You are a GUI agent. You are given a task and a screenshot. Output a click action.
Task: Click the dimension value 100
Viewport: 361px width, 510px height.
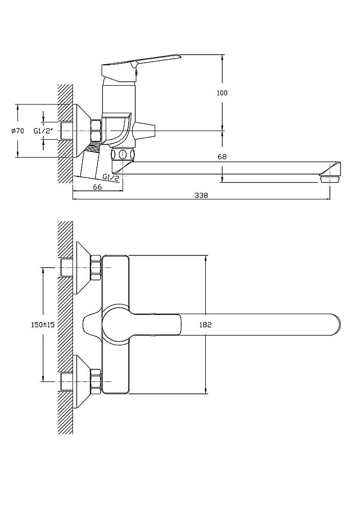click(222, 93)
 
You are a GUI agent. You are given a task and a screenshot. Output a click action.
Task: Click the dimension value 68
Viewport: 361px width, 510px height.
click(222, 157)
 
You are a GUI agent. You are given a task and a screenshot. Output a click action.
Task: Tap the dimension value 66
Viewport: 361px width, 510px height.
click(98, 187)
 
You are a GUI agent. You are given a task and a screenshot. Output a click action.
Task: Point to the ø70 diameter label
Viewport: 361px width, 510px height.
click(17, 131)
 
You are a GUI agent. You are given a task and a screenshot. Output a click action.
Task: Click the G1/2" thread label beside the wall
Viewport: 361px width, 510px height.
click(42, 131)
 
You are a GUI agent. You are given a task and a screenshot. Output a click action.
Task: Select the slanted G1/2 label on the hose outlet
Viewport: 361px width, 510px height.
click(110, 177)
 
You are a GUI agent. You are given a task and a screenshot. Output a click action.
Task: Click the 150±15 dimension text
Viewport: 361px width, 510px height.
click(43, 325)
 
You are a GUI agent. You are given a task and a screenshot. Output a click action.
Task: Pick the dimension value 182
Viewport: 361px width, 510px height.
click(205, 325)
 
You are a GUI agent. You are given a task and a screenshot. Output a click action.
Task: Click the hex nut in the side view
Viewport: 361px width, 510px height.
click(95, 131)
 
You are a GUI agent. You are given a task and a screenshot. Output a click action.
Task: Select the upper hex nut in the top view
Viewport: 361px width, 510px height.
click(95, 268)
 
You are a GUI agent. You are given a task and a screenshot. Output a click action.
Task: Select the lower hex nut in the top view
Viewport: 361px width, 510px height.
click(95, 381)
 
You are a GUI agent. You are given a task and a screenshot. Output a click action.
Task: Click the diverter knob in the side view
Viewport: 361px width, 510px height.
click(143, 131)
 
